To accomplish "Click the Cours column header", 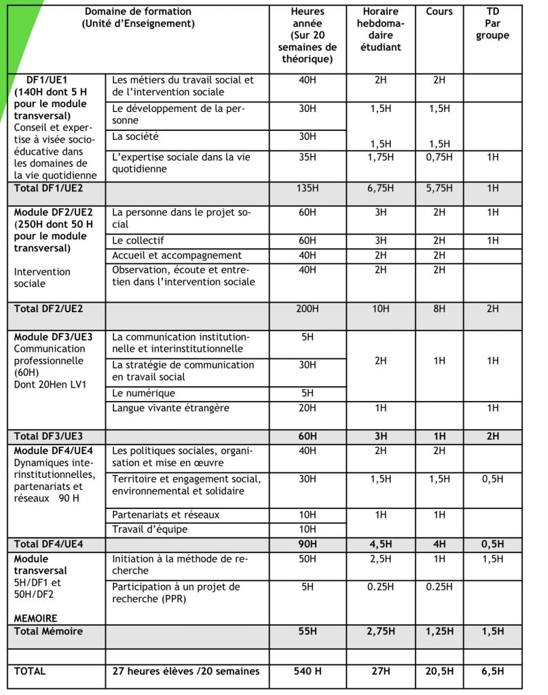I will [x=439, y=12].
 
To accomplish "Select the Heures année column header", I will [x=307, y=35].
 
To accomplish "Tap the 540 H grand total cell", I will [x=307, y=671].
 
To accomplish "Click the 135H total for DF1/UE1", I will [x=307, y=188].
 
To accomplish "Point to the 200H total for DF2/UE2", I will [x=307, y=309].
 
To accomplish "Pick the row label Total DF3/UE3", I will [x=48, y=436].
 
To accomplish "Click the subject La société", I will [x=136, y=136].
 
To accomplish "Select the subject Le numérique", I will [x=143, y=393].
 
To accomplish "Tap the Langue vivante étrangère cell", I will [x=170, y=408].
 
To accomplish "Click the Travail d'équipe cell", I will [x=149, y=529].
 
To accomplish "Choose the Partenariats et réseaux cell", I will [x=166, y=514].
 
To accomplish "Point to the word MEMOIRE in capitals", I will [x=35, y=618].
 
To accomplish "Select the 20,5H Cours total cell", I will [x=439, y=671].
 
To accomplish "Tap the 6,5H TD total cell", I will [x=492, y=671].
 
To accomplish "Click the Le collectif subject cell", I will [x=138, y=240].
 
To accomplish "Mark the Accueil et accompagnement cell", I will [x=177, y=255].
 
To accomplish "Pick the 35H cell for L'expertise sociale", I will [x=307, y=157].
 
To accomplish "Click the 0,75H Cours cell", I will [x=439, y=157].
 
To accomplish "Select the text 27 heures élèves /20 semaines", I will [x=185, y=671].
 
